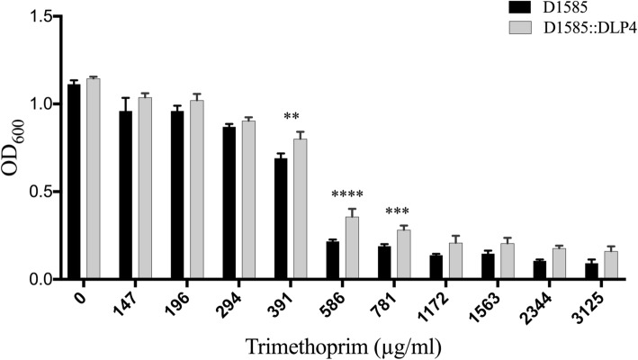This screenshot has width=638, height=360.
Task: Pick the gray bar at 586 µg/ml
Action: click(x=352, y=248)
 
